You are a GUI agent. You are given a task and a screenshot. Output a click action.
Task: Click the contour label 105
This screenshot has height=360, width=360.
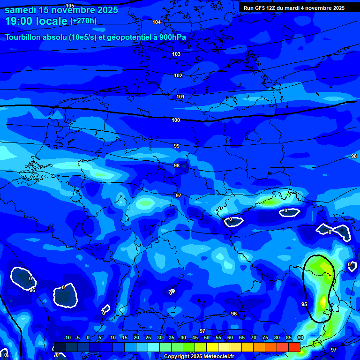pyautogui.click(x=70, y=6)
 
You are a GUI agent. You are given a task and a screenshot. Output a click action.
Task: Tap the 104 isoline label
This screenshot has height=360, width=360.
pyautogui.click(x=157, y=22)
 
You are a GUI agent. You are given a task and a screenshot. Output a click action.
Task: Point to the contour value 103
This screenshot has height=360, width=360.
pyautogui.click(x=176, y=54)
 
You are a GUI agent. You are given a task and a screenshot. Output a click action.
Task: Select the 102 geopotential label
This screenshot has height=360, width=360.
pyautogui.click(x=178, y=75)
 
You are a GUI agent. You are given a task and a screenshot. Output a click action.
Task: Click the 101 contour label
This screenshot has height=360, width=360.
pyautogui.click(x=180, y=97)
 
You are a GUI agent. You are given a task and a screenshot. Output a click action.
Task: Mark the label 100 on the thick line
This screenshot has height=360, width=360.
pyautogui.click(x=176, y=120)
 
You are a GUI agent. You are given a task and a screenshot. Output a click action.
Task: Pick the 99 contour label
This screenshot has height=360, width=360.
pyautogui.click(x=177, y=146)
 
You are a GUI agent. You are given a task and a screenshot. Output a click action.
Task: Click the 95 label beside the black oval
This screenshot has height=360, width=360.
pyautogui.click(x=304, y=304)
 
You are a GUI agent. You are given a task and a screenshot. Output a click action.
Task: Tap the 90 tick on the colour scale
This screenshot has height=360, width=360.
pyautogui.click(x=300, y=337)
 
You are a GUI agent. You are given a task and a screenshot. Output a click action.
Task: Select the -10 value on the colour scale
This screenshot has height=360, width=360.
pyautogui.click(x=67, y=337)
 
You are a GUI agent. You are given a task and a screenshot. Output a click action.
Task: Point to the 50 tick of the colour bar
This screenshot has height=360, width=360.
pyautogui.click(x=207, y=337)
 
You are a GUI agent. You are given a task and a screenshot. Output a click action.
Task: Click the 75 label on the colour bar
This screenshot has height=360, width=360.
pyautogui.click(x=265, y=337)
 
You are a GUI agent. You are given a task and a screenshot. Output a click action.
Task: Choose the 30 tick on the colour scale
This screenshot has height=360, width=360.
pyautogui.click(x=160, y=337)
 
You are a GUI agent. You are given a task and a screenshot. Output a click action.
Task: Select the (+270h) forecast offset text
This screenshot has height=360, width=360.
pyautogui.click(x=83, y=21)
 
